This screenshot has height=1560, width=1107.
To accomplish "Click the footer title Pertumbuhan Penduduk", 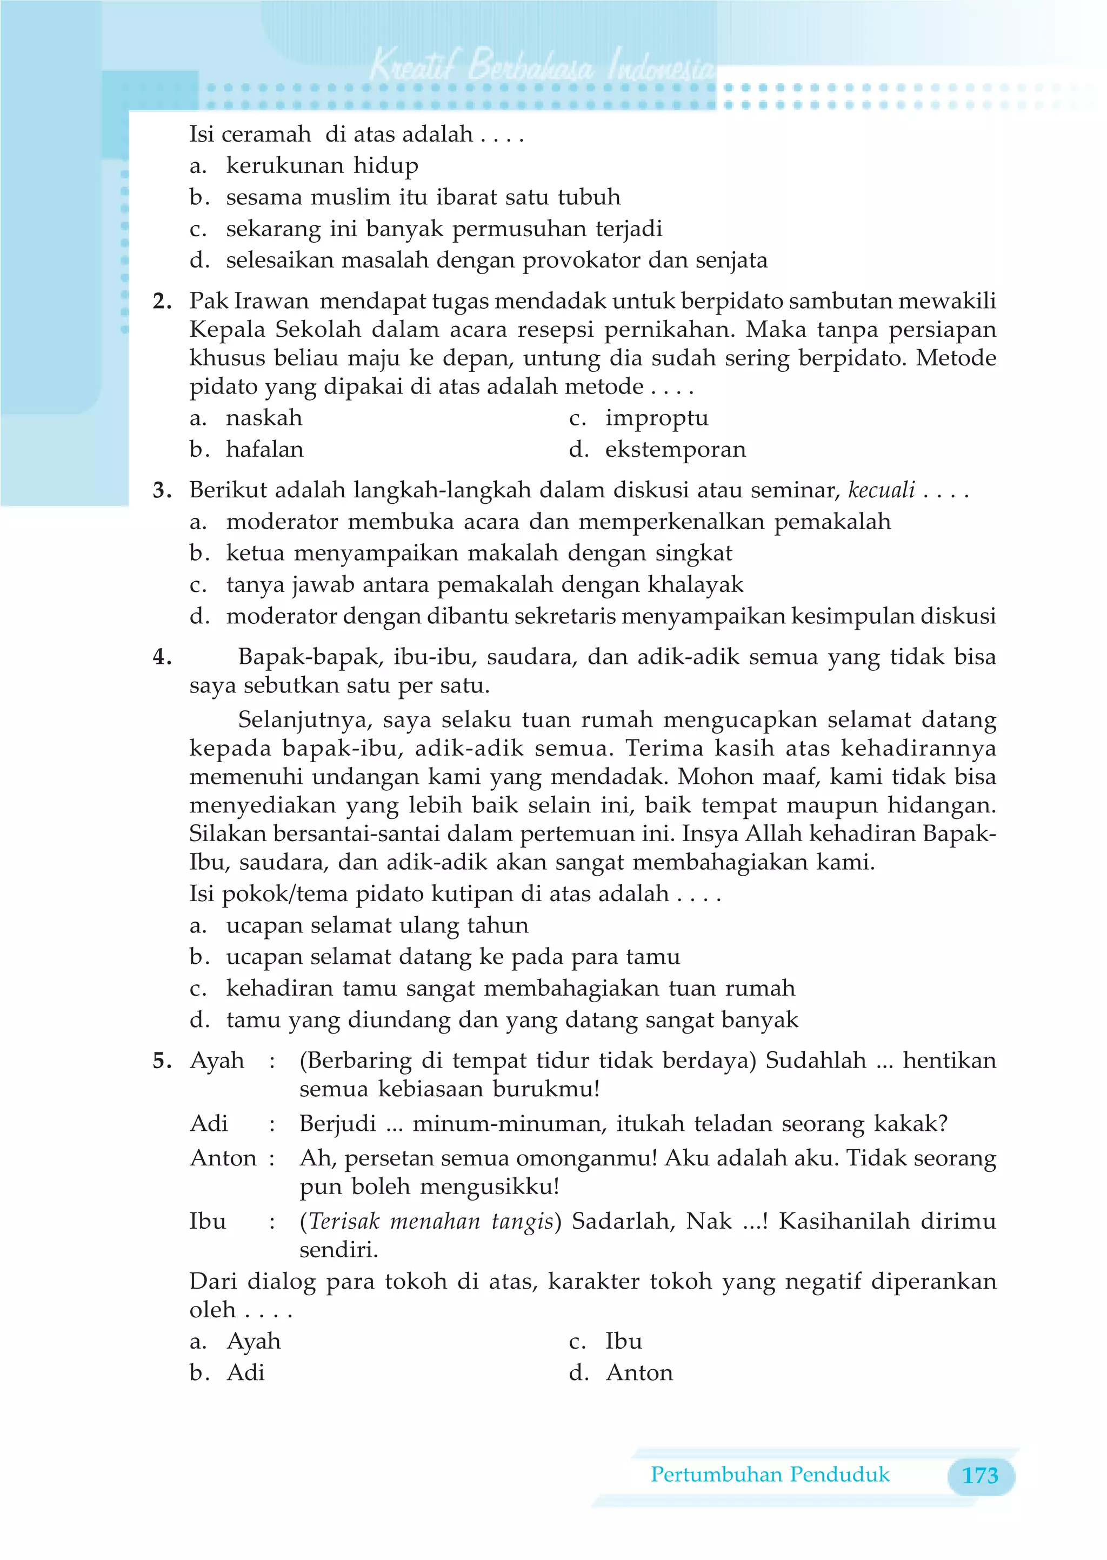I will click(770, 1474).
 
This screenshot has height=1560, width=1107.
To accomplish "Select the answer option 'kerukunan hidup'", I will click(322, 165).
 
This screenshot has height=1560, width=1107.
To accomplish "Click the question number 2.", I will click(162, 301).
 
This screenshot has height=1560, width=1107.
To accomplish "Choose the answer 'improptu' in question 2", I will click(656, 418).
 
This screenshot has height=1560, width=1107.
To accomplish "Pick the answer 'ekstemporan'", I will click(675, 450).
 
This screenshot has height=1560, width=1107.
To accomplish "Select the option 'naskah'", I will click(264, 418).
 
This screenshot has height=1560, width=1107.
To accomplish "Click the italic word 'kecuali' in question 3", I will click(881, 490).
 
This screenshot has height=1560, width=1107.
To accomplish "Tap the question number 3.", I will click(162, 490).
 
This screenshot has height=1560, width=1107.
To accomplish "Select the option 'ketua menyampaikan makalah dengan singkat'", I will click(478, 553).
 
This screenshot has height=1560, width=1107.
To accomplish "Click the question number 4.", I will click(162, 657).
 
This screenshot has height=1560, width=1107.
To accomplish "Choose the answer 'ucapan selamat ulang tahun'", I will click(377, 925).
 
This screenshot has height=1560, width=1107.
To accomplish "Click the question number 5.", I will click(162, 1061).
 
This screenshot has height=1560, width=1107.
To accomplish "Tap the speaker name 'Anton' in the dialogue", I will click(223, 1158).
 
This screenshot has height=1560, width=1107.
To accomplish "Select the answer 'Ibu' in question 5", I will click(623, 1341).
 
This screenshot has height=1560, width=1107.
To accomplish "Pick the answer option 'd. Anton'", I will click(639, 1372).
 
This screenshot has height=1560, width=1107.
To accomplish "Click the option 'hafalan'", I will click(264, 450).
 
